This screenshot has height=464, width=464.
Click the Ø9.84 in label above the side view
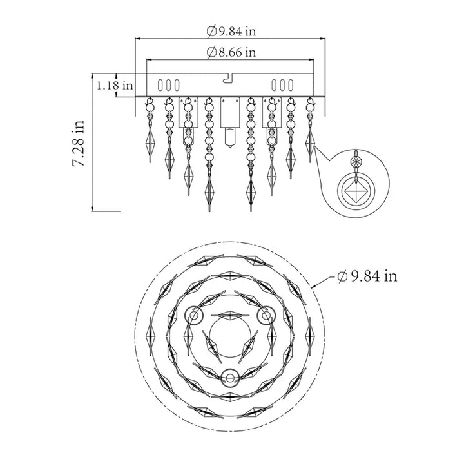point(231,31)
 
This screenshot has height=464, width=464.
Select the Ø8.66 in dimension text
point(231,52)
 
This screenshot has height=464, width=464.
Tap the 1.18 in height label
point(115,86)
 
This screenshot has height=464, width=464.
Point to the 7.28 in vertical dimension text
point(79,143)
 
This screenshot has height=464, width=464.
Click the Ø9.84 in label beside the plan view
point(367,276)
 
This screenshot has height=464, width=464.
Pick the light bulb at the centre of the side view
point(230,137)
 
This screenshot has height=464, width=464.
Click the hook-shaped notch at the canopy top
point(228,78)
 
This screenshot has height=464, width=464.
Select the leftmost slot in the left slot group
point(160,85)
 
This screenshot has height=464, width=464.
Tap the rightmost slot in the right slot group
point(291,85)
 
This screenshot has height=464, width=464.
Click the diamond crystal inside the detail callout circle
point(356,191)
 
